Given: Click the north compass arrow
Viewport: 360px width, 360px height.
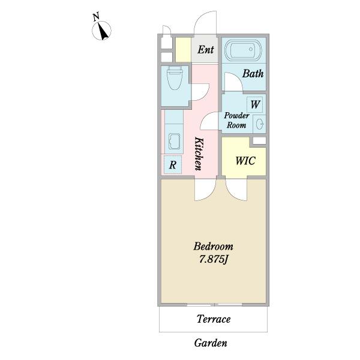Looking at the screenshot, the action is tap(103, 31).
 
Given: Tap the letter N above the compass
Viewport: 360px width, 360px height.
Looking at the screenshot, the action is tap(96, 17).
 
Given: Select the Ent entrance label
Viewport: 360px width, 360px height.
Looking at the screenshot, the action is tap(206, 50).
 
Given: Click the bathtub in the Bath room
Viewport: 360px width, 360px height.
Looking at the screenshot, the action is tap(243, 50).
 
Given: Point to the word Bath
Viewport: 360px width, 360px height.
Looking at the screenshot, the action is tap(253, 74).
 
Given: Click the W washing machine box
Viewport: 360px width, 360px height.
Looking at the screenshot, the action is tap(254, 104).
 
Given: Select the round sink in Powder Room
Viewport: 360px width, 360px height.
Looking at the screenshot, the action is tap(259, 124).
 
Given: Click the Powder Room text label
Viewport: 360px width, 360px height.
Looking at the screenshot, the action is tap(236, 120).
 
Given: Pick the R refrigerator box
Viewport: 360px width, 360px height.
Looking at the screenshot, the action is tap(173, 164).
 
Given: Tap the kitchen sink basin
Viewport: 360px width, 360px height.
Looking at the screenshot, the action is tap(174, 141).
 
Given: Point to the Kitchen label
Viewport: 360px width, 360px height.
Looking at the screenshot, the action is tap(199, 154).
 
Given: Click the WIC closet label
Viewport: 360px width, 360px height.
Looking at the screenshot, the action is tap(245, 161).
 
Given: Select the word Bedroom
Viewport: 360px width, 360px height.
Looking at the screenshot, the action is tap(213, 247).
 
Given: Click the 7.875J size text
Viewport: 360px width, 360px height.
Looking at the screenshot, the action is tap(213, 259).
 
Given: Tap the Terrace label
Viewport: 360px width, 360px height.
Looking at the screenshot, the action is tap(214, 319).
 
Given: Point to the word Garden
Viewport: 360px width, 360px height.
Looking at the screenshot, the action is tap(211, 343).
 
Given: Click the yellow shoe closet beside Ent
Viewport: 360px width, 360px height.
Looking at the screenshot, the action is tap(183, 50).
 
